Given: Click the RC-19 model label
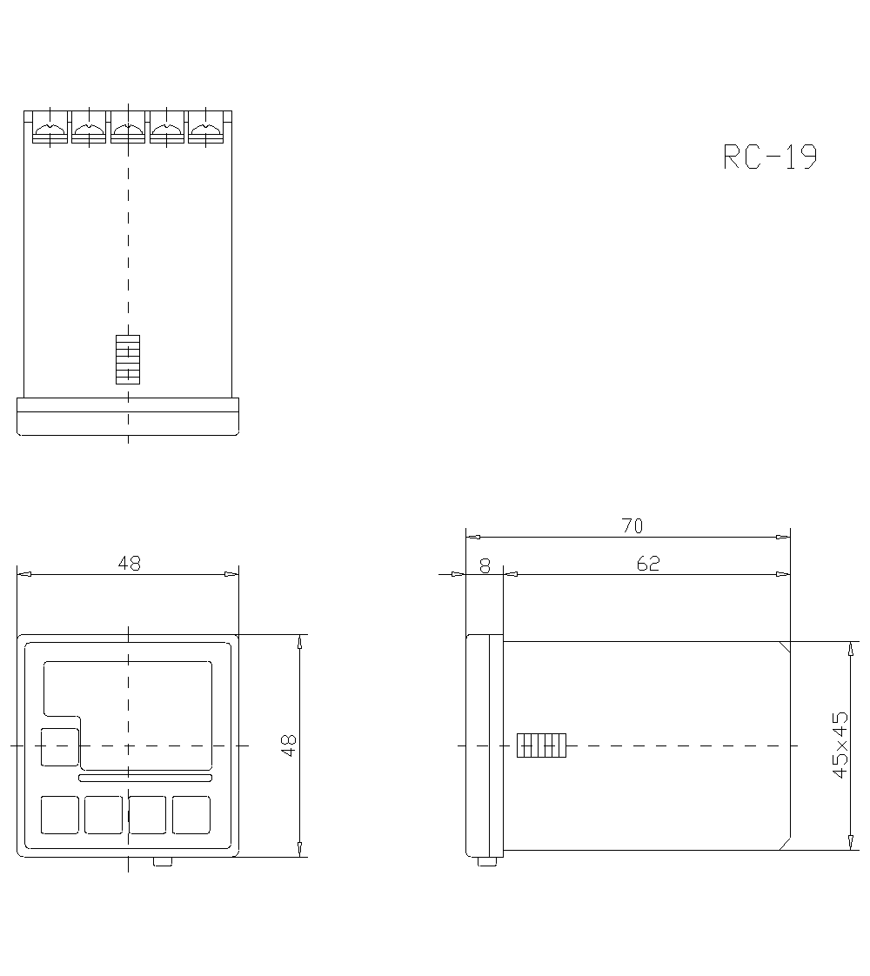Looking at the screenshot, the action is [770, 157].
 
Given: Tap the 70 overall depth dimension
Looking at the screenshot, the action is [632, 526].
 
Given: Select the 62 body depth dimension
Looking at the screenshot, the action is [648, 564].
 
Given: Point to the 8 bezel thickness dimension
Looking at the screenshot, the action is [485, 565].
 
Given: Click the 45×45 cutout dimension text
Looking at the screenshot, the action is [840, 745].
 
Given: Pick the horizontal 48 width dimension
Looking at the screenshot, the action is [130, 564].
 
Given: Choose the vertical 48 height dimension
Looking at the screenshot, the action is [289, 745].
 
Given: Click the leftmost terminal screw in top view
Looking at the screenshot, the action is [50, 128].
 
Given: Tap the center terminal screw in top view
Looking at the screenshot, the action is [128, 128].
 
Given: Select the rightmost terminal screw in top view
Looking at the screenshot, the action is [206, 128].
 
